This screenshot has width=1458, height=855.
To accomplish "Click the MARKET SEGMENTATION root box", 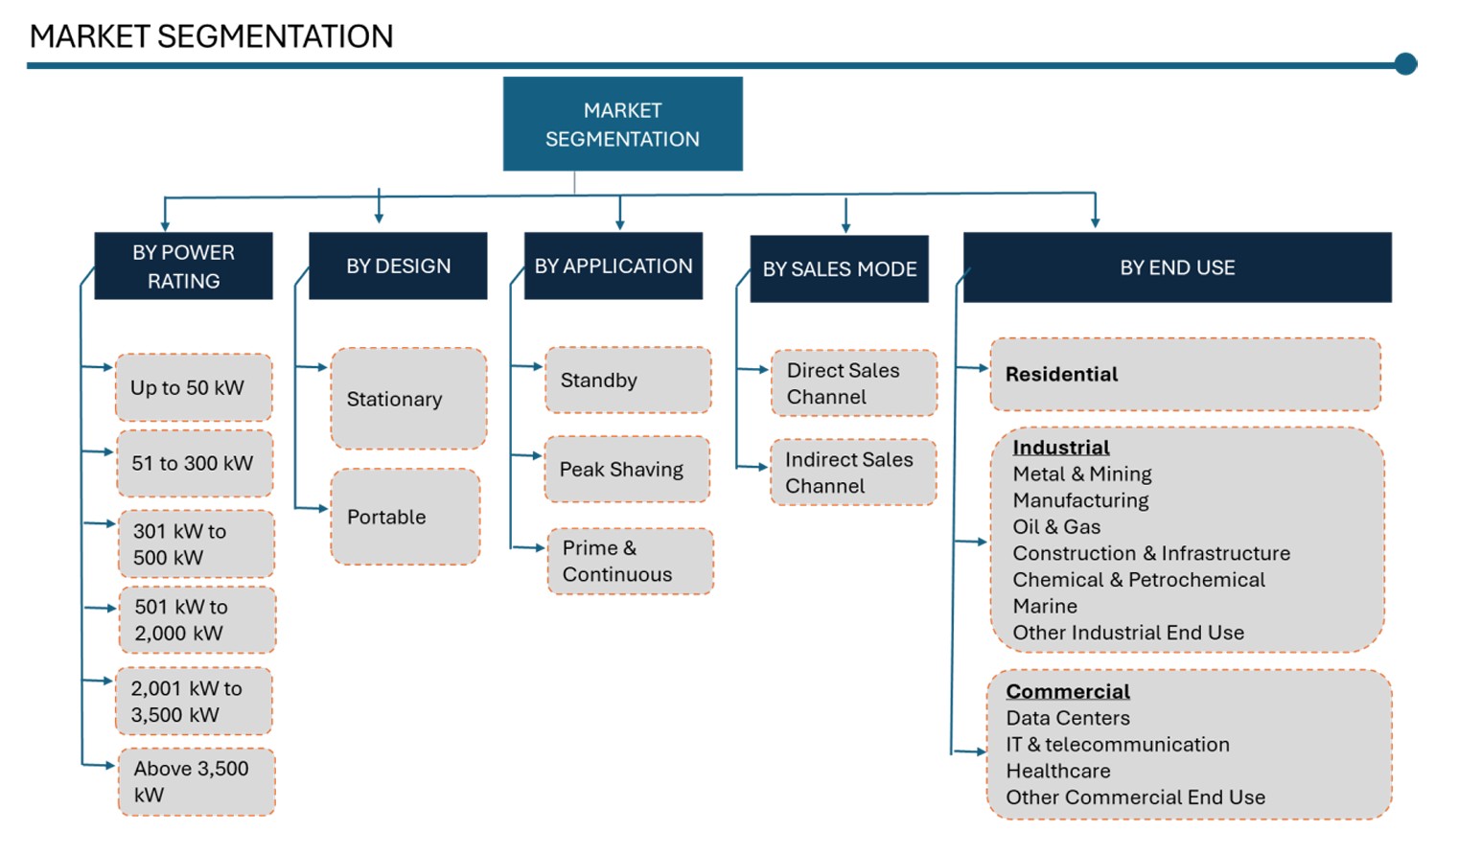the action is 622,124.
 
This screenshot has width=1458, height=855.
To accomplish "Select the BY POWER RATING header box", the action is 183,266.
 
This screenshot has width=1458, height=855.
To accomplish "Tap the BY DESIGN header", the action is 398,266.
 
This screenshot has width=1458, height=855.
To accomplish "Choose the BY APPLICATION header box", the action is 613,266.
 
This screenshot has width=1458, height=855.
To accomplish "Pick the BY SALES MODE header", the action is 839,268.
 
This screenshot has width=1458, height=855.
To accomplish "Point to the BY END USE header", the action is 1177,267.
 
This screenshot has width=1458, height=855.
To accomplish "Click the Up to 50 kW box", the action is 194,387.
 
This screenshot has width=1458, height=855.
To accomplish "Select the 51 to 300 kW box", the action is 195,463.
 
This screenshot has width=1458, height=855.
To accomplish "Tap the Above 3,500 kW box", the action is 197,781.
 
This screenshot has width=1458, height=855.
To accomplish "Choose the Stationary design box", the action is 408,398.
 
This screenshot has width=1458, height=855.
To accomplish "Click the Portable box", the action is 405,517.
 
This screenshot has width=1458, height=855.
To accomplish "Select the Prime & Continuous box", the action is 630,561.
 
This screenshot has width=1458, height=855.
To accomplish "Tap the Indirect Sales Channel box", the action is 853,473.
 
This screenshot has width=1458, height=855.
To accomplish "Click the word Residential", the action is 1061,374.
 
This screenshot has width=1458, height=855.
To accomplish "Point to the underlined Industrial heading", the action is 1061,448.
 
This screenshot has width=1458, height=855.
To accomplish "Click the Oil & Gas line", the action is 1056,526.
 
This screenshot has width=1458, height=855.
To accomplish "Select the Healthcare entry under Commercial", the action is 1058,771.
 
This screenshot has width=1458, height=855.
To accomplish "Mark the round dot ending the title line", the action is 1406,64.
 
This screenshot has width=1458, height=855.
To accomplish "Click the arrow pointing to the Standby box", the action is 527,366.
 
